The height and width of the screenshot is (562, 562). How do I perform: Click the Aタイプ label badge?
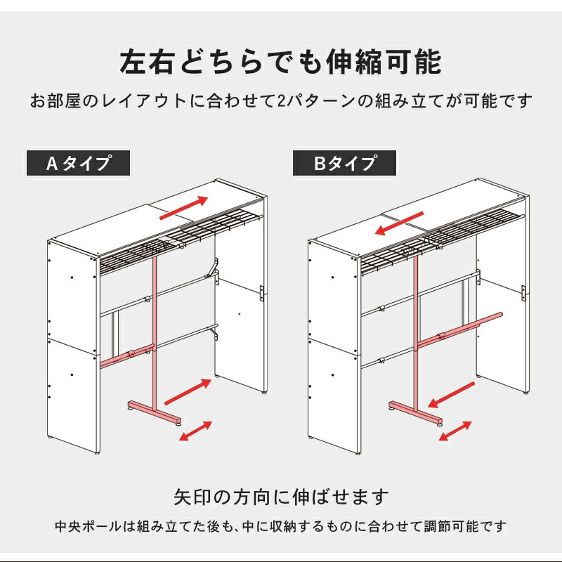(x=79, y=163)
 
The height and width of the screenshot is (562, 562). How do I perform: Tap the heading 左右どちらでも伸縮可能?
(x=281, y=62)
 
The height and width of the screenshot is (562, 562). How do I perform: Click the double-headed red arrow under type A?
(x=197, y=430)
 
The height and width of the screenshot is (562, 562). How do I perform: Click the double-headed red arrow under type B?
(x=456, y=430)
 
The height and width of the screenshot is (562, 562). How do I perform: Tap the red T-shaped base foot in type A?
(x=154, y=410)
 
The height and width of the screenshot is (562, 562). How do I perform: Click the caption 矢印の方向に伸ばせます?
(x=281, y=497)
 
